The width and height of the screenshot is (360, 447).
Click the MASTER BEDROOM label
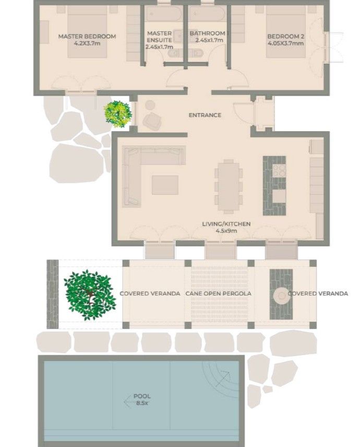[x=87, y=37]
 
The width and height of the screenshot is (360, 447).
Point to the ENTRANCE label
[x=205, y=115]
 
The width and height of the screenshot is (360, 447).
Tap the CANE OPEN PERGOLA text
[x=218, y=293]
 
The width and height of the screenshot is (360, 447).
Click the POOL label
[x=142, y=396]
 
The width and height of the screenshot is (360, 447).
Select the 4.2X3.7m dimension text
[x=87, y=43]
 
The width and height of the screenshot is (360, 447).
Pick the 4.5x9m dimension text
[x=226, y=230]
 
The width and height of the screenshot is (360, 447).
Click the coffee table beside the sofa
[x=165, y=184]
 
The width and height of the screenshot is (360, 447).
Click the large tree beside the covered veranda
[x=90, y=295]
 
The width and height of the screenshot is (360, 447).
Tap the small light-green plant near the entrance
[x=118, y=113]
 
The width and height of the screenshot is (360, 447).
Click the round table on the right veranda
[x=281, y=296]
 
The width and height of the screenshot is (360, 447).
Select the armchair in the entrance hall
[x=152, y=121]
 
